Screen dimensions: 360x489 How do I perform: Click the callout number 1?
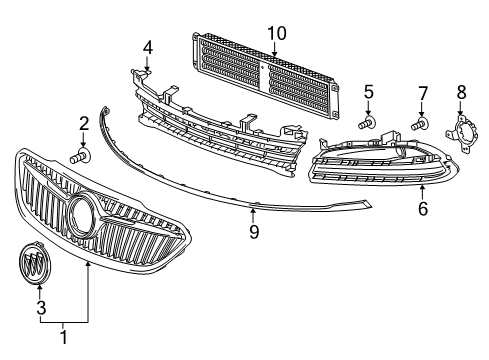(65, 338)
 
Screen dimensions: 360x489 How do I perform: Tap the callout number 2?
(84, 124)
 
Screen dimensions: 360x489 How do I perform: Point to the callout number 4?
(148, 46)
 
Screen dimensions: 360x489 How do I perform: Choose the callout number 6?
(422, 209)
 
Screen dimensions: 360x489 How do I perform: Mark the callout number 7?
(422, 93)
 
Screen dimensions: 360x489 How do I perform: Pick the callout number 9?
(254, 232)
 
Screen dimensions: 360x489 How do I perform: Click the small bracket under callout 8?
(463, 131)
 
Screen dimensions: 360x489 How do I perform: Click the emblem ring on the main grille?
(81, 213)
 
